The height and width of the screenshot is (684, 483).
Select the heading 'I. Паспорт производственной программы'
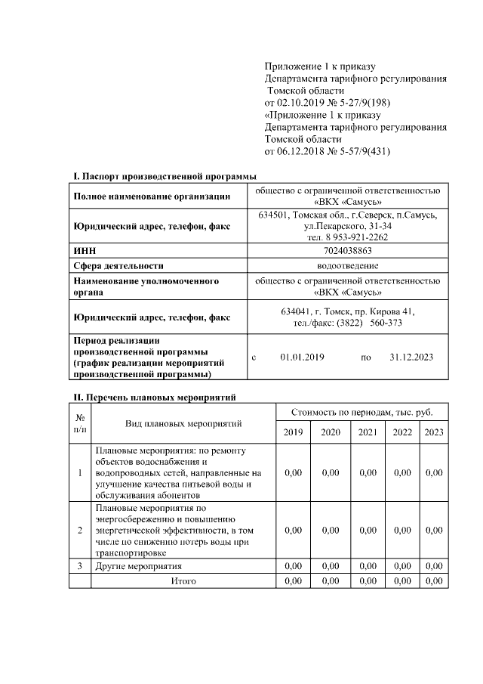click(x=165, y=177)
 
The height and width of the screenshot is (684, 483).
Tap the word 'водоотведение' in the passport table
click(x=347, y=265)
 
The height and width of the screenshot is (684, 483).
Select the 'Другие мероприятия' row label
click(x=139, y=565)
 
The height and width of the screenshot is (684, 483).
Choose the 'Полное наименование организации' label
click(x=152, y=197)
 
